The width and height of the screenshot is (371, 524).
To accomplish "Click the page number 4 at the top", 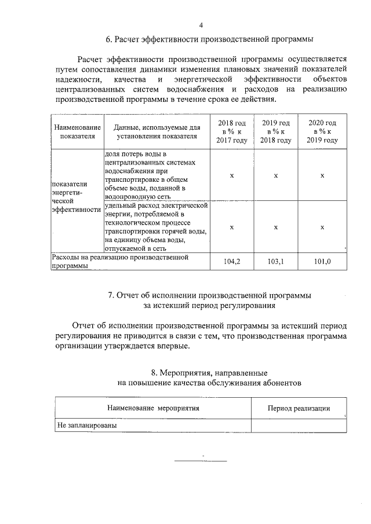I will (x=201, y=25).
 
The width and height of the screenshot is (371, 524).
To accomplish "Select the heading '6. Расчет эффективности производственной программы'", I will (x=209, y=39).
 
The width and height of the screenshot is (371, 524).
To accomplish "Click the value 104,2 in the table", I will (x=231, y=261).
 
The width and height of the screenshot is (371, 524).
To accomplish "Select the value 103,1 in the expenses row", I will (x=276, y=261).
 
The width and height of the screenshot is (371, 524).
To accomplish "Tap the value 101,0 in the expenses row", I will (x=322, y=261).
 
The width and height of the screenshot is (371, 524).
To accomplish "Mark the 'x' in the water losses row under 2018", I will (x=231, y=175).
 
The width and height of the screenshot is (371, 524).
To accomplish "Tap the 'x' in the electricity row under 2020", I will (x=322, y=228).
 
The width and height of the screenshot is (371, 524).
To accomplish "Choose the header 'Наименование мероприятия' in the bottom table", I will (x=153, y=408).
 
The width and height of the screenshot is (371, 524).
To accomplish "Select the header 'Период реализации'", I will (x=299, y=408).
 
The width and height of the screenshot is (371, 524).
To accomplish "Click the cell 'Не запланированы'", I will (x=86, y=425).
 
